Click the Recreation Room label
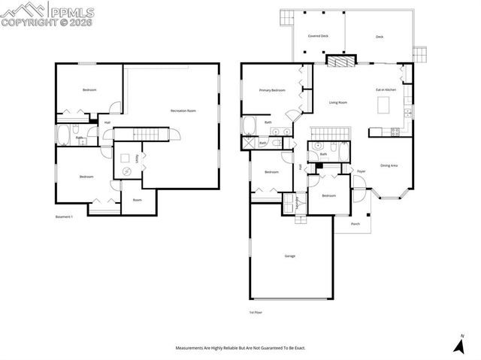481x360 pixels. [183, 110]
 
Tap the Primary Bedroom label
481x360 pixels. [272, 90]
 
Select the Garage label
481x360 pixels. [289, 256]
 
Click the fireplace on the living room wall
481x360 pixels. [338, 62]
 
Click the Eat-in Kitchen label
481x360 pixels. [386, 90]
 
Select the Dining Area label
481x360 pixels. [389, 165]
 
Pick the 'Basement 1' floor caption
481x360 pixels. [64, 216]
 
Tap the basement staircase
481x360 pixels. [147, 134]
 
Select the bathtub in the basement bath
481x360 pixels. [63, 135]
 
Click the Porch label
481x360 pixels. [355, 223]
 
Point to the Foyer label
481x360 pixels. [361, 171]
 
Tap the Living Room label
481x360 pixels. [337, 102]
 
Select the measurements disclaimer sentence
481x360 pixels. [240, 348]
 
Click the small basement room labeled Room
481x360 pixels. [138, 200]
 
